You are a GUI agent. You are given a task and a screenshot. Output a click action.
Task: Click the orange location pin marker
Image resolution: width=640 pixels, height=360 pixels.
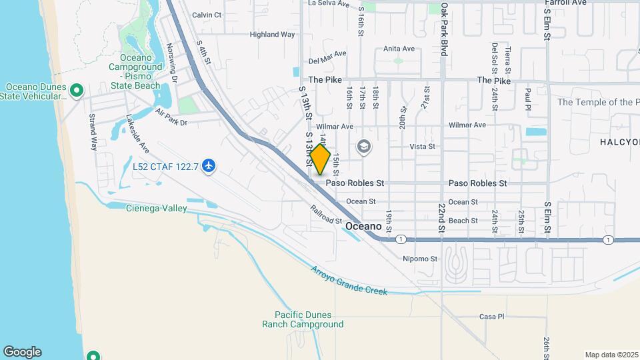coord(320,159)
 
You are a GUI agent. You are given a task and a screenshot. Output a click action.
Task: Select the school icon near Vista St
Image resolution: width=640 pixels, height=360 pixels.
coord(363,146)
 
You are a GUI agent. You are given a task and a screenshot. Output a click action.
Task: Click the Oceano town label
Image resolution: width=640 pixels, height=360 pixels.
coord(363,227)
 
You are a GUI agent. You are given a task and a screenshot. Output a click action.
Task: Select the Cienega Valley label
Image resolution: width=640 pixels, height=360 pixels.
coord(157,209)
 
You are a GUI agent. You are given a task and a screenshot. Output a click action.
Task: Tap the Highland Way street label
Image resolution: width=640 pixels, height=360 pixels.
coord(272,35)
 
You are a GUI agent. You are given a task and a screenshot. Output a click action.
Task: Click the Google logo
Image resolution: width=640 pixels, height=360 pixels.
coord(22,352)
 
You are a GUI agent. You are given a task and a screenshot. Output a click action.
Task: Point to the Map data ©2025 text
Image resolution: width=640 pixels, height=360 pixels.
coord(611,355)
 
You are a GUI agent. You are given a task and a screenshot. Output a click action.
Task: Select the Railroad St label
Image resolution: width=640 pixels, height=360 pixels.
coord(325,215)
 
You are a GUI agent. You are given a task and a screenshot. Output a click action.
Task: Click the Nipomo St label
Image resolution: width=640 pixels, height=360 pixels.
coord(420,259)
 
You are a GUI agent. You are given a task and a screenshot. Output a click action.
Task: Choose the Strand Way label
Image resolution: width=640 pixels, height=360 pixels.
coord(93,131)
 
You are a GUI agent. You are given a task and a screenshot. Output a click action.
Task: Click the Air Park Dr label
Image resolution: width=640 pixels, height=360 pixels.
coord(171,119)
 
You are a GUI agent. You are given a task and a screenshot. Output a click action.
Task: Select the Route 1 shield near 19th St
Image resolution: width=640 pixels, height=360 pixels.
coord(400,239)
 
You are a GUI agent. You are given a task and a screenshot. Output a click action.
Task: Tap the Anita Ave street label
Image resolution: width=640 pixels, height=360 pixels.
coord(399,49)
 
